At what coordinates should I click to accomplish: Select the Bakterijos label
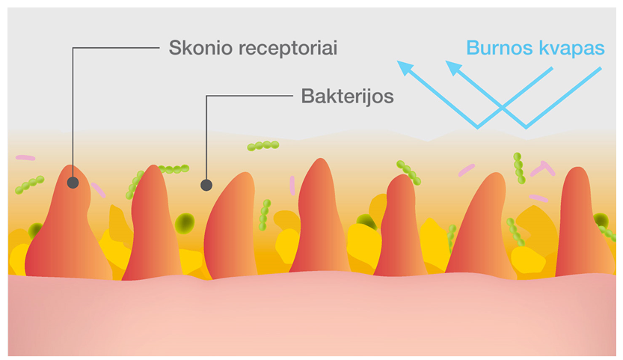coord(347,96)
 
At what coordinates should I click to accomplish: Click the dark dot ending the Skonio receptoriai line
coord(73,182)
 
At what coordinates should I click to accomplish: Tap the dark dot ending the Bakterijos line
coord(206,184)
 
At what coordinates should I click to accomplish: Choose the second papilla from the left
coord(153,225)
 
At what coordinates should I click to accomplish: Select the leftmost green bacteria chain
coord(29,184)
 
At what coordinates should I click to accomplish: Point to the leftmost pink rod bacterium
coord(25,158)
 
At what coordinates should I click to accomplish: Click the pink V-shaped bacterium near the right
coord(543,168)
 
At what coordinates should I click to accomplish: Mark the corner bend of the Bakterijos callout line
coord(206,96)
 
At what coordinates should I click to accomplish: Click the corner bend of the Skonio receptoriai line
coord(73,49)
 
